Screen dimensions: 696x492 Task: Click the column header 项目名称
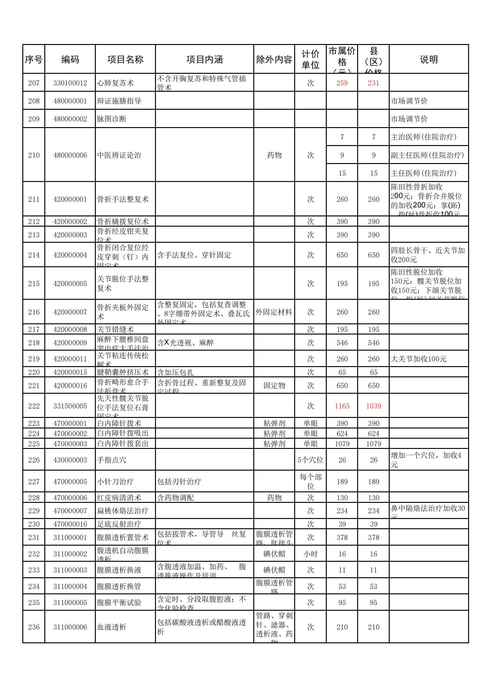(125, 60)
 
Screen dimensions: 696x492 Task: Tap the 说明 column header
(429, 60)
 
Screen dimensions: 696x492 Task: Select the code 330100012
(70, 83)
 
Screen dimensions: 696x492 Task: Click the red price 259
(342, 83)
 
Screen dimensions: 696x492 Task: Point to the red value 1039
(374, 406)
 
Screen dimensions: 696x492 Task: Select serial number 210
(34, 155)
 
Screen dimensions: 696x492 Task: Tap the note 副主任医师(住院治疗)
(427, 155)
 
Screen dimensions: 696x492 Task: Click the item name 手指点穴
(112, 460)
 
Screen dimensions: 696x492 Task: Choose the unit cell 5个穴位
(310, 460)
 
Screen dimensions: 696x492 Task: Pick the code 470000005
(70, 482)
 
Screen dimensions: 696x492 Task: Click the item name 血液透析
(112, 627)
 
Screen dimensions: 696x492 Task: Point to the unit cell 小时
(310, 554)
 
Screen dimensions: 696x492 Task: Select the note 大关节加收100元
(419, 359)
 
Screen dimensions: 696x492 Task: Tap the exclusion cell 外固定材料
(274, 312)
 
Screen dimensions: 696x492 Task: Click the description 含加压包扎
(175, 372)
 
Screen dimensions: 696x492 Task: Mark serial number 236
(34, 627)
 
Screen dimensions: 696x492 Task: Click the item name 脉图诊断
(112, 119)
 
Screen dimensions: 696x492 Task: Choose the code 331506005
(70, 406)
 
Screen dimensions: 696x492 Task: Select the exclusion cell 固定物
(274, 386)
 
